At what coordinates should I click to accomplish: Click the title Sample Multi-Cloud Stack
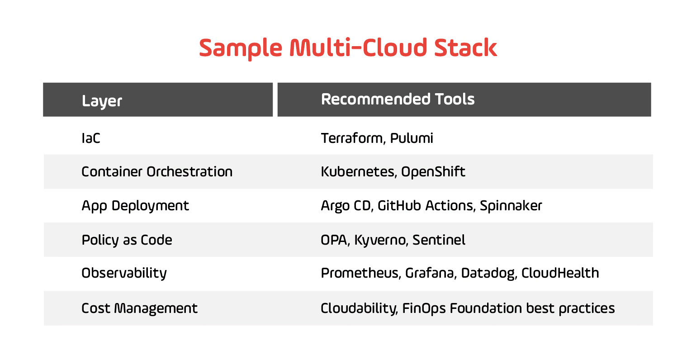pos(348,48)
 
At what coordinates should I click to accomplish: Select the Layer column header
pos(102,101)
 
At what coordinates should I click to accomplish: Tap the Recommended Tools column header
pos(398,99)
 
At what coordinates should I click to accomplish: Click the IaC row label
pos(91,138)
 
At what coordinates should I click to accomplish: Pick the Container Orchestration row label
pos(157,172)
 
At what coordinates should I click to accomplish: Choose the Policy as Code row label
pos(127,240)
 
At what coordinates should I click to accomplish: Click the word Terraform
pos(351,138)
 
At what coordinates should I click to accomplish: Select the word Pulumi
pos(412,138)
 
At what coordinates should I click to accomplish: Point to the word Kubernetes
pos(357,172)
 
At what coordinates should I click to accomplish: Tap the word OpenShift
pos(433,172)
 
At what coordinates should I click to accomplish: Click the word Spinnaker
pos(511,206)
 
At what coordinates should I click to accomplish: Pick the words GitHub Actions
pos(426,206)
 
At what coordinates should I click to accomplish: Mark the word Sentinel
pos(439,240)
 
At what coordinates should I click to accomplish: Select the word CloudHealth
pos(560,273)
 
